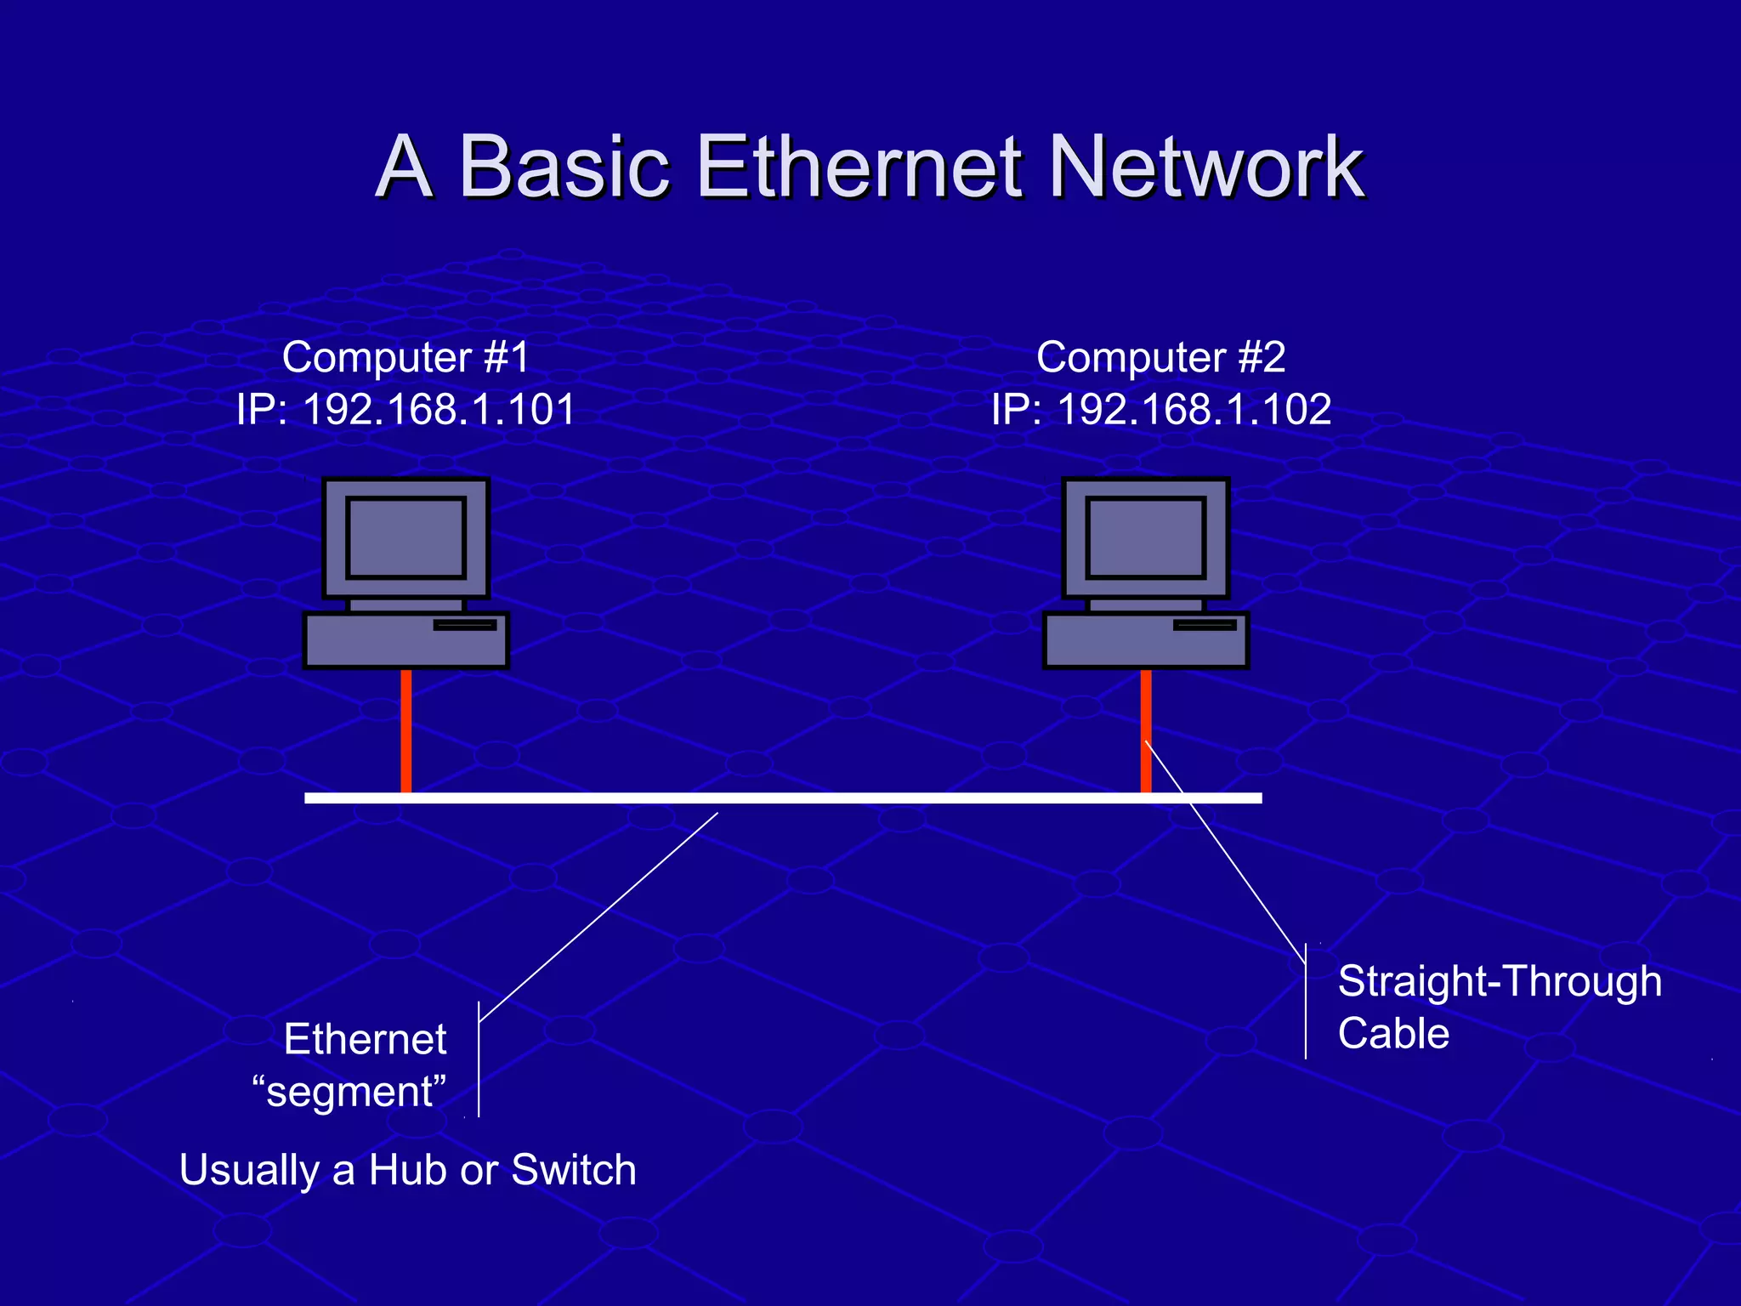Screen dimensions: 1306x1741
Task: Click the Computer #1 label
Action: pyautogui.click(x=405, y=357)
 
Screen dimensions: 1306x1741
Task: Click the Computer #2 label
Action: pyautogui.click(x=1160, y=357)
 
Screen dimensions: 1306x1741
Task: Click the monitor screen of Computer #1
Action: pyautogui.click(x=406, y=537)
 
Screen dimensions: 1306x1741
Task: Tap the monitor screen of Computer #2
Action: pyautogui.click(x=1146, y=537)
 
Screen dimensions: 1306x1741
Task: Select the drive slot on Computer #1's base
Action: pyautogui.click(x=465, y=625)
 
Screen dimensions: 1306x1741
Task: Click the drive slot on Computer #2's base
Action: pyautogui.click(x=1205, y=625)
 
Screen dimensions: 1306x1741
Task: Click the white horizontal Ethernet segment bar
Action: pyautogui.click(x=782, y=798)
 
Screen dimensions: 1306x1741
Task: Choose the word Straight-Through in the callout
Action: pyautogui.click(x=1500, y=981)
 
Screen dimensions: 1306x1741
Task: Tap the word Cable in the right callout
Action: pyautogui.click(x=1393, y=1034)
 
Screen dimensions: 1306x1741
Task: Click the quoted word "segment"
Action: pyautogui.click(x=349, y=1092)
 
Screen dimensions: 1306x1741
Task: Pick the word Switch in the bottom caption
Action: pyautogui.click(x=574, y=1170)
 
